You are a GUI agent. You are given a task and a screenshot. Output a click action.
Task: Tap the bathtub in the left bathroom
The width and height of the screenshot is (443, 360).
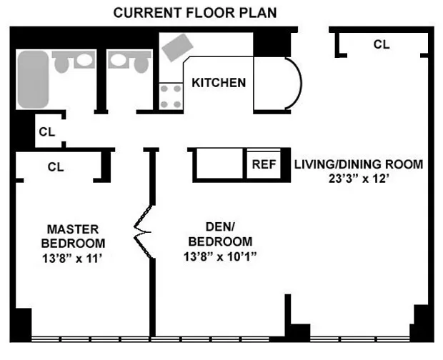point(33,79)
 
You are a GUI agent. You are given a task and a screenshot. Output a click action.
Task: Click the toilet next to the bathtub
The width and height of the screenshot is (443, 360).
point(61,62)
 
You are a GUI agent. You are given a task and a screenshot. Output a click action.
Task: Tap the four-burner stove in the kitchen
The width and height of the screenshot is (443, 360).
point(170,96)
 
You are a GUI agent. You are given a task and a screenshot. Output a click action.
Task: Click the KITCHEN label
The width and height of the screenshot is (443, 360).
point(219,83)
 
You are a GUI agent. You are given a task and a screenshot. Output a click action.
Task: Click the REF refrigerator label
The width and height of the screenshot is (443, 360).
point(264,164)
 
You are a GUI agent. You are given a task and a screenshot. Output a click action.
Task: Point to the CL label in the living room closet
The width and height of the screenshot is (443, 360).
point(382,44)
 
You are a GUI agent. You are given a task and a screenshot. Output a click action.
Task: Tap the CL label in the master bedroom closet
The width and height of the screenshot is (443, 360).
point(56,167)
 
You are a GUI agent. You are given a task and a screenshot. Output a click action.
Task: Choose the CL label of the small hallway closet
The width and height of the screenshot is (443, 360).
point(47,131)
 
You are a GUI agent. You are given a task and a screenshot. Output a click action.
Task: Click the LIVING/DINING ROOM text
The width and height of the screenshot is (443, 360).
point(358,164)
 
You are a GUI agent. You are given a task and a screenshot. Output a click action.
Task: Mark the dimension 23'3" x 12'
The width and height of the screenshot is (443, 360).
point(358,180)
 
